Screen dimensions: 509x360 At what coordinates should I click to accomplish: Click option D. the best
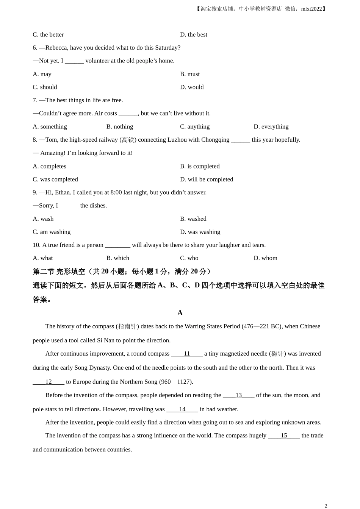(194, 34)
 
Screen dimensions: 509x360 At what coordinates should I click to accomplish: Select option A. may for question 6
(42, 74)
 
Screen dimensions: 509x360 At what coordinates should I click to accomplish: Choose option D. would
(192, 87)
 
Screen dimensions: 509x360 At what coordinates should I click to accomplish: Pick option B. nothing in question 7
(120, 126)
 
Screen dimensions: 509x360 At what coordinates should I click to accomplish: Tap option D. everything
(271, 126)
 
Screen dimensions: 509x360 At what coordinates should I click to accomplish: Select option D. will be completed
(207, 179)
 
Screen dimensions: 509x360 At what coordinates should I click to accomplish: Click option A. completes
(49, 166)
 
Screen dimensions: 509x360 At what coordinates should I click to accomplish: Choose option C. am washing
(52, 232)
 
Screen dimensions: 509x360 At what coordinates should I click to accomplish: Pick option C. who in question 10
(189, 258)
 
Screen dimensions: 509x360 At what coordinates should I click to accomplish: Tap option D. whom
(265, 258)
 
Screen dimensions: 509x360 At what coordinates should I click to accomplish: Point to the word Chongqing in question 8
(215, 140)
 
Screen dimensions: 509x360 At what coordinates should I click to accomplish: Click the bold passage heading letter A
(180, 313)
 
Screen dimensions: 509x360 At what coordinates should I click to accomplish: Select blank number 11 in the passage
(187, 354)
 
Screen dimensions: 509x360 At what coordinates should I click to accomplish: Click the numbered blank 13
(238, 395)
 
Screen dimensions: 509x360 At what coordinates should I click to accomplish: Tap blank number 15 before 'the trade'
(284, 436)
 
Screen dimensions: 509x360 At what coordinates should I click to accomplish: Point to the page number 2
(326, 506)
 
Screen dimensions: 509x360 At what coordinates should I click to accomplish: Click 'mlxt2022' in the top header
(311, 9)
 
